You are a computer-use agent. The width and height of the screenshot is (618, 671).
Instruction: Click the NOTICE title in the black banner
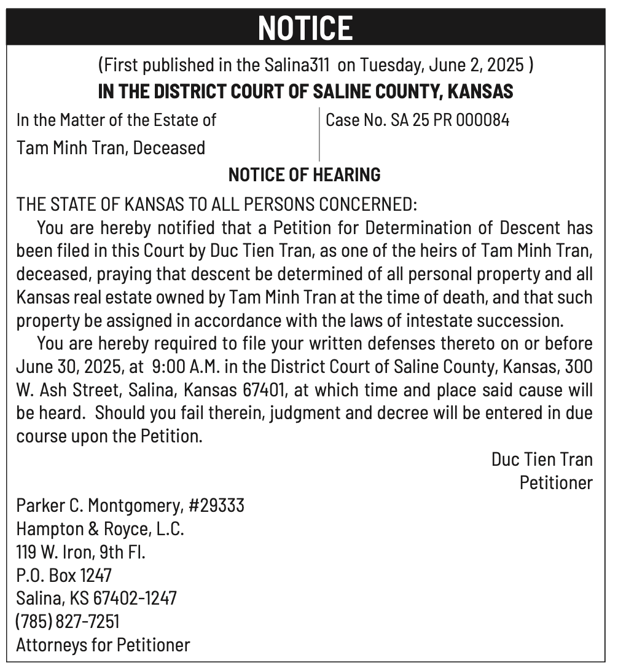[305, 28]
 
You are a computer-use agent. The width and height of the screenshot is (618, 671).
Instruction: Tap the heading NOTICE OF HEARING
[304, 175]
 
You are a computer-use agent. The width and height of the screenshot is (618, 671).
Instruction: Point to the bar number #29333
[217, 506]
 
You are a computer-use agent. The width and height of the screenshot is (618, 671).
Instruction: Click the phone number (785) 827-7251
[68, 621]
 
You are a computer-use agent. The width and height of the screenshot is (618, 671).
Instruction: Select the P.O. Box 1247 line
[64, 575]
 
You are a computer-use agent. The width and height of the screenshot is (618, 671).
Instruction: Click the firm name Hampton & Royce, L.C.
[100, 528]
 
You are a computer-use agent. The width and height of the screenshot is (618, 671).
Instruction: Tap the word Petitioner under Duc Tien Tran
[556, 482]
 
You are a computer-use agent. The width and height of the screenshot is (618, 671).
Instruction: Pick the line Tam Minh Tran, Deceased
[111, 147]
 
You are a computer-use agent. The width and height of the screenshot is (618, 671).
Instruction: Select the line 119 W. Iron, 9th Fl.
[80, 552]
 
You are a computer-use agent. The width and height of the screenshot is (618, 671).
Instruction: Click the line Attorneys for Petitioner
[103, 645]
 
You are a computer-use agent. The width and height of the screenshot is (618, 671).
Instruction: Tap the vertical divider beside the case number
[319, 134]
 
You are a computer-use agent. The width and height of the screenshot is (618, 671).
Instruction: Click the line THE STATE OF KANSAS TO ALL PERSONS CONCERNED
[217, 204]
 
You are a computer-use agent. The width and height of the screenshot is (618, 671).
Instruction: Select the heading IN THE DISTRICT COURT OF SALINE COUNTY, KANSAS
[305, 92]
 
